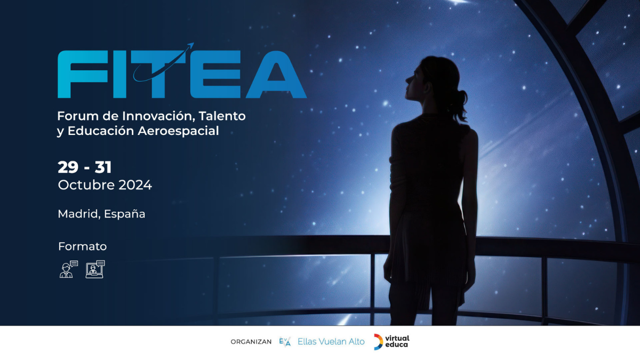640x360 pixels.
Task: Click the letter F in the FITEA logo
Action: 83,74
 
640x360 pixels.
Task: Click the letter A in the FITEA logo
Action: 276,74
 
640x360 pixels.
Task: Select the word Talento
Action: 222,116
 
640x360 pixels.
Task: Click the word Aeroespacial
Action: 178,131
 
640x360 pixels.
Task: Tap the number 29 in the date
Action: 68,167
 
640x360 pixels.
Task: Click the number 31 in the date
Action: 103,167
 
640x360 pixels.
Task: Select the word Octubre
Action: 86,185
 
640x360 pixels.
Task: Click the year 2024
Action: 135,185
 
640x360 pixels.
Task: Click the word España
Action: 125,214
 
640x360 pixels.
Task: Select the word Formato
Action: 82,246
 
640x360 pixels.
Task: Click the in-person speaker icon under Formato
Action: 69,269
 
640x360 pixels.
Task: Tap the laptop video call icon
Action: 95,269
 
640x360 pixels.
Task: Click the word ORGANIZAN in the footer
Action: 251,342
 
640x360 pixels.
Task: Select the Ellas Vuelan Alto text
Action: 331,341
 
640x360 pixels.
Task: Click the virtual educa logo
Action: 391,341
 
